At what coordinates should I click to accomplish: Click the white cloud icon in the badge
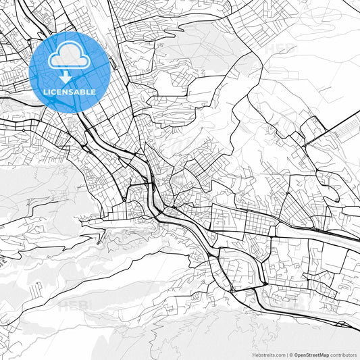click(x=70, y=57)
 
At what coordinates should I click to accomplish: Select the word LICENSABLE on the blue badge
click(x=70, y=91)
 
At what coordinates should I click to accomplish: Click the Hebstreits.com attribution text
click(x=267, y=354)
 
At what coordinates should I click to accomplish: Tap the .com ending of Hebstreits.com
click(x=279, y=354)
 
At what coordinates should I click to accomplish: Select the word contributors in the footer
click(x=343, y=354)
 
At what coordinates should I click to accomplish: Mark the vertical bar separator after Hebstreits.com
click(x=288, y=354)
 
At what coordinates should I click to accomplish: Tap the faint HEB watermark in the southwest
click(x=71, y=305)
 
